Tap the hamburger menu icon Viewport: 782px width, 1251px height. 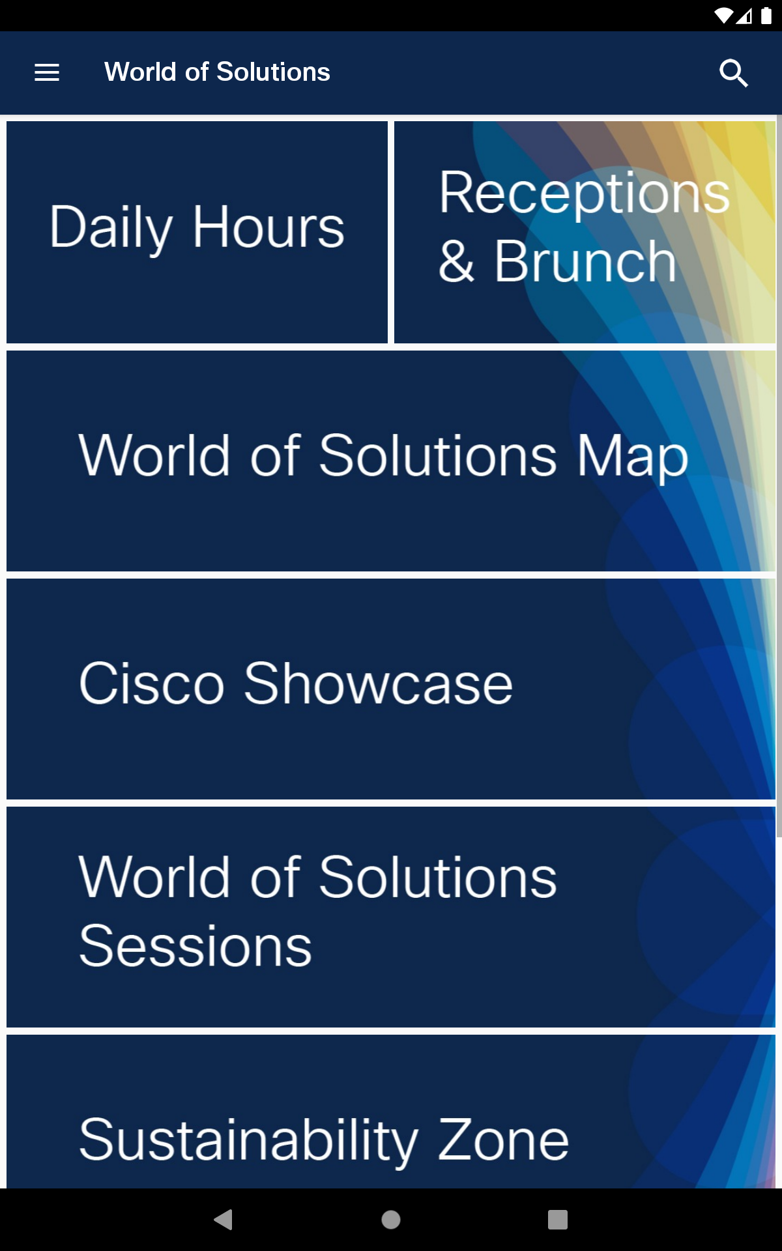coord(47,72)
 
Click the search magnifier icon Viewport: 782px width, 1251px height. coord(734,73)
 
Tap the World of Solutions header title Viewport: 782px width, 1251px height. coord(217,72)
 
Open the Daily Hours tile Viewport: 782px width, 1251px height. coord(197,232)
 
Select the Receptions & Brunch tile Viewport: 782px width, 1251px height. coord(585,232)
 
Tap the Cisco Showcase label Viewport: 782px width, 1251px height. coord(296,683)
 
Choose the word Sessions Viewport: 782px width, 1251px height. coord(195,946)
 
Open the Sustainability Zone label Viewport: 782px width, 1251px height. coord(324,1140)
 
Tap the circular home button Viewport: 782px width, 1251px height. coord(391,1220)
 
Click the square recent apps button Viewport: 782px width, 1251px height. coord(558,1220)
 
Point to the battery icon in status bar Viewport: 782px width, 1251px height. coord(766,16)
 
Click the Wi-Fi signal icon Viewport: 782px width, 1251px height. coord(723,16)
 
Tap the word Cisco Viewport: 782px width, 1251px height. coord(151,683)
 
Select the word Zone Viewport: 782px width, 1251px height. coord(503,1140)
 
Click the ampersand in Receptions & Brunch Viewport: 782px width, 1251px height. coord(456,261)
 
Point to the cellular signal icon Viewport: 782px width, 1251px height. coord(744,16)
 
